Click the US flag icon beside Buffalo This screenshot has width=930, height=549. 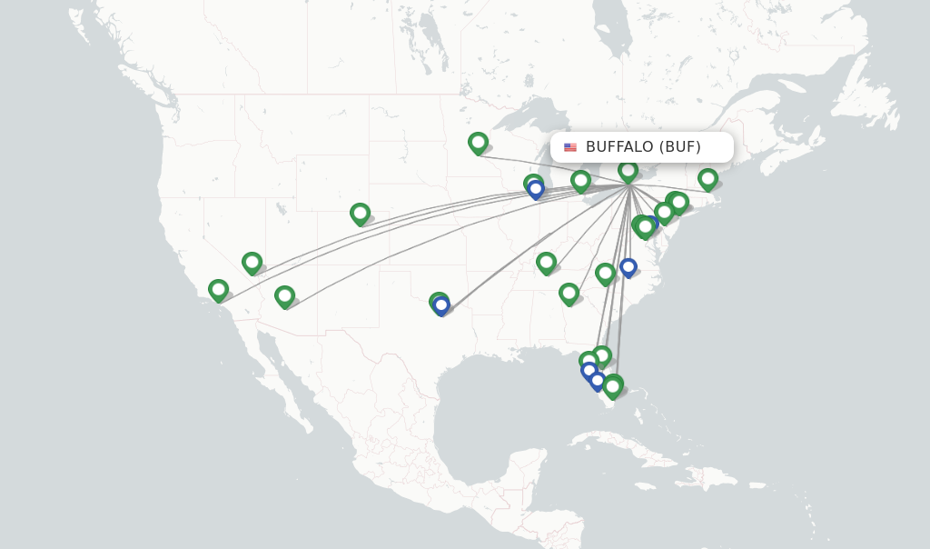coord(570,147)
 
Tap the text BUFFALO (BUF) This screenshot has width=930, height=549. coord(643,146)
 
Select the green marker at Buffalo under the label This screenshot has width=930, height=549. coord(628,170)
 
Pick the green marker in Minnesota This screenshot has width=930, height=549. coord(478,142)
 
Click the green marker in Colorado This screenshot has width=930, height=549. coord(360,214)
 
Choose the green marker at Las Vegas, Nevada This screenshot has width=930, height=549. coord(252,263)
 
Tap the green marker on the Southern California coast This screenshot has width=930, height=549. coord(218,290)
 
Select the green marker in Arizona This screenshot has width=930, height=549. coord(284,296)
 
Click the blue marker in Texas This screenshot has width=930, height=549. coord(441,305)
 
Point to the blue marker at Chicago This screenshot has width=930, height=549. coord(536,189)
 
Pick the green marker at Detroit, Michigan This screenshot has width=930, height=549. coord(580,181)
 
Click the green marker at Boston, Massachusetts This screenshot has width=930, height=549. coord(707,178)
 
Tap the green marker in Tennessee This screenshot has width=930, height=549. coord(546,263)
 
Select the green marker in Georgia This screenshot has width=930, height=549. coord(569,293)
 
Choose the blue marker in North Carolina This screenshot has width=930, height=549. coord(628,267)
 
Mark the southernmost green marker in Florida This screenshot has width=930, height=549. coord(613,386)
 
